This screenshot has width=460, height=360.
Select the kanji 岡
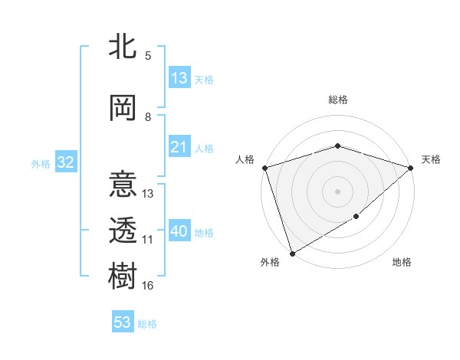(123, 108)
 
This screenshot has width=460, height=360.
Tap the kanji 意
(123, 186)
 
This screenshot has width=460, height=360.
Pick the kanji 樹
(123, 275)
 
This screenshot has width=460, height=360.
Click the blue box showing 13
(179, 78)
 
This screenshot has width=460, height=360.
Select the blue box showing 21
(179, 147)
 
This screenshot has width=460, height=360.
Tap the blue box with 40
(179, 231)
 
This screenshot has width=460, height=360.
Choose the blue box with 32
(65, 162)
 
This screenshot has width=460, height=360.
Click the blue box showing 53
(123, 322)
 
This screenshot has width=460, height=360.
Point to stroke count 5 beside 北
(148, 55)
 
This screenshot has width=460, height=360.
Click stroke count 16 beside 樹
(148, 286)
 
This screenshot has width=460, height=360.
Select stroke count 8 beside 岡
(148, 117)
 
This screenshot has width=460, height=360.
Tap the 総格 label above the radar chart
(337, 100)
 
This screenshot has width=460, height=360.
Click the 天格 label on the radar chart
(431, 159)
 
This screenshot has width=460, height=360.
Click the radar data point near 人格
(264, 168)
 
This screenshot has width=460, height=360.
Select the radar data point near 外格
(292, 253)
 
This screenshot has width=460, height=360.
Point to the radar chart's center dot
(337, 191)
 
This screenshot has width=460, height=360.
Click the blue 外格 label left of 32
(40, 163)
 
